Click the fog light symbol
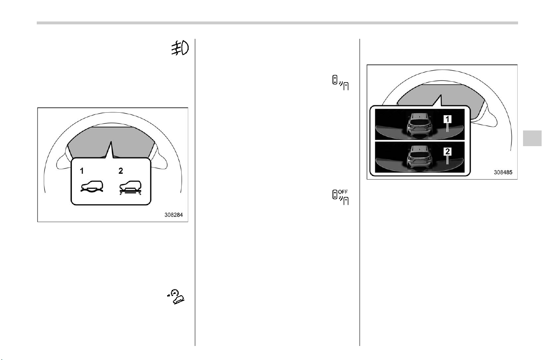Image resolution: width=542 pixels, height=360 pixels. pyautogui.click(x=180, y=48)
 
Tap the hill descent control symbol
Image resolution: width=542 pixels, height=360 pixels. pyautogui.click(x=176, y=296)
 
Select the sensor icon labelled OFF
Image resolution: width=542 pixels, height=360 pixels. pyautogui.click(x=341, y=197)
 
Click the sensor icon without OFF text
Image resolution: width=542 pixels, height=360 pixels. pyautogui.click(x=341, y=83)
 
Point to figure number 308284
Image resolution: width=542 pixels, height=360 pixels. pyautogui.click(x=173, y=215)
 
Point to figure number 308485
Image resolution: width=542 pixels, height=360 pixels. pyautogui.click(x=503, y=172)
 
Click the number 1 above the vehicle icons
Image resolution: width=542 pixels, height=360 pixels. pyautogui.click(x=82, y=171)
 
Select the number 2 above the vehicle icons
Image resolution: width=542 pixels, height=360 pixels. pyautogui.click(x=121, y=171)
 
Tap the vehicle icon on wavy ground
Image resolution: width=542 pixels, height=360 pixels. pyautogui.click(x=92, y=187)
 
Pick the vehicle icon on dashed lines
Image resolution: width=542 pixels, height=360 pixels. pyautogui.click(x=131, y=188)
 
